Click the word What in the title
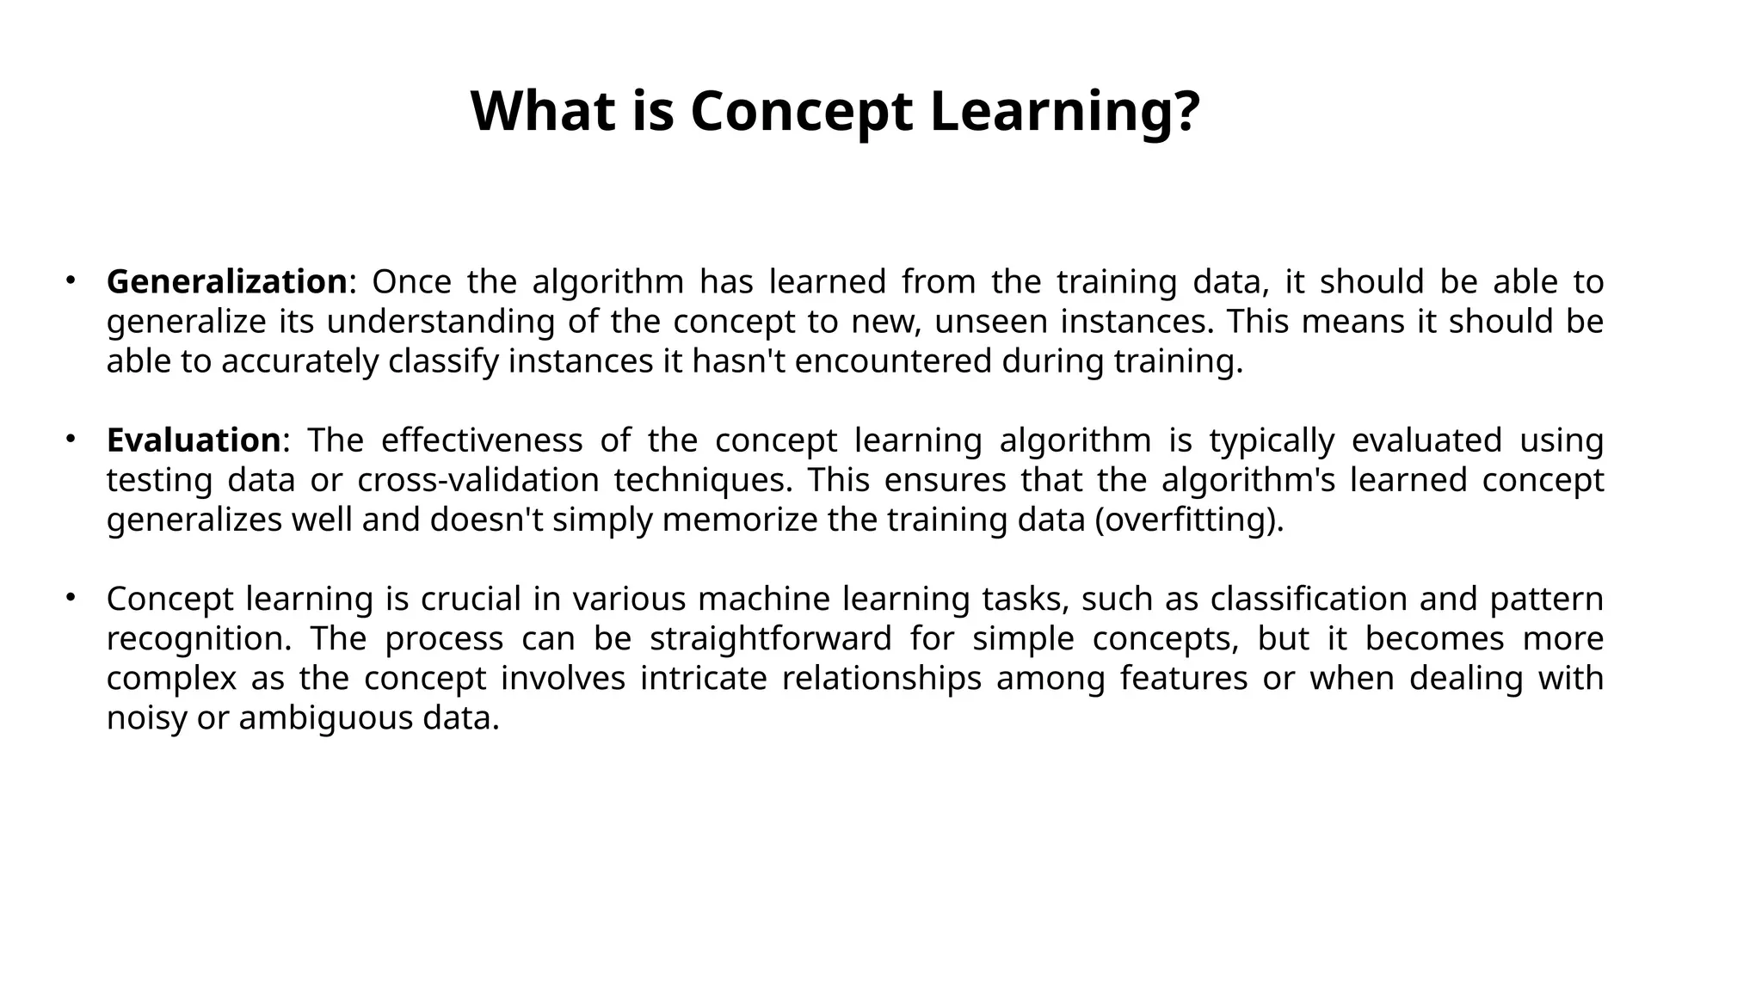point(542,112)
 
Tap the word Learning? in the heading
point(1064,112)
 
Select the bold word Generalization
point(226,282)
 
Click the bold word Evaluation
point(194,440)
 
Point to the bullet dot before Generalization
point(71,280)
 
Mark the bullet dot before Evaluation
point(71,438)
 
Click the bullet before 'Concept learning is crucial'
point(71,596)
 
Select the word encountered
point(893,361)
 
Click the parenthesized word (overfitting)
point(1189,520)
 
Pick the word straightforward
point(770,638)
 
